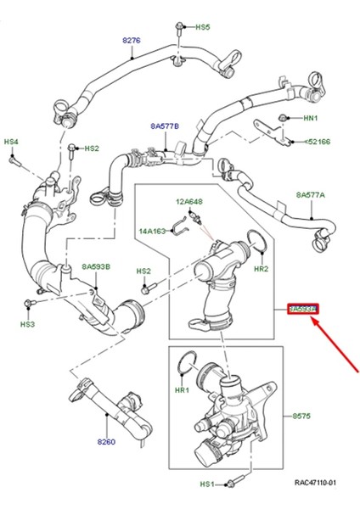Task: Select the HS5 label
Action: coord(203,27)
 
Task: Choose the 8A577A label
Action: coord(311,195)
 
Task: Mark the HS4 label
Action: coord(10,141)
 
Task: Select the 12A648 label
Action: coord(191,202)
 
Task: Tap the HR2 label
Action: coord(262,268)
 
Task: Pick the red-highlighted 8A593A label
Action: coord(302,310)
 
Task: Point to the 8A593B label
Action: coord(97,266)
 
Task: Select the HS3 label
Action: coord(28,324)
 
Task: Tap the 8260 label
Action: coord(105,443)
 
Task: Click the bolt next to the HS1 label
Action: coord(232,484)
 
